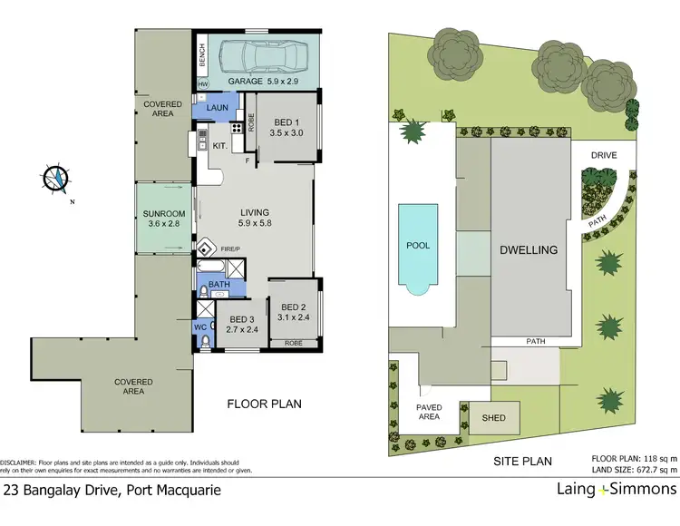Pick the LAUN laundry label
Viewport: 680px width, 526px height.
[217, 109]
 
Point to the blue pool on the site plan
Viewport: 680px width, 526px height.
[418, 246]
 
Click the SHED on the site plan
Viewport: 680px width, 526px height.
[493, 418]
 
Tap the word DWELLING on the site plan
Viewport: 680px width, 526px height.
[530, 248]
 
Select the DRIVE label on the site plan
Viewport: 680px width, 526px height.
[604, 155]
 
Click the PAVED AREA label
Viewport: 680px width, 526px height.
[429, 412]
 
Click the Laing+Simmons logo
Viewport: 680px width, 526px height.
[616, 489]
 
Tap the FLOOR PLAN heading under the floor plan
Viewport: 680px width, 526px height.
[264, 404]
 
